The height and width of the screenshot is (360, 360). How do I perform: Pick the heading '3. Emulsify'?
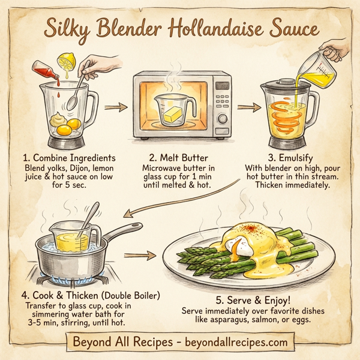[x=286, y=158]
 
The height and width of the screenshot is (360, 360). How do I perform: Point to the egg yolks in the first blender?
[x=66, y=126]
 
